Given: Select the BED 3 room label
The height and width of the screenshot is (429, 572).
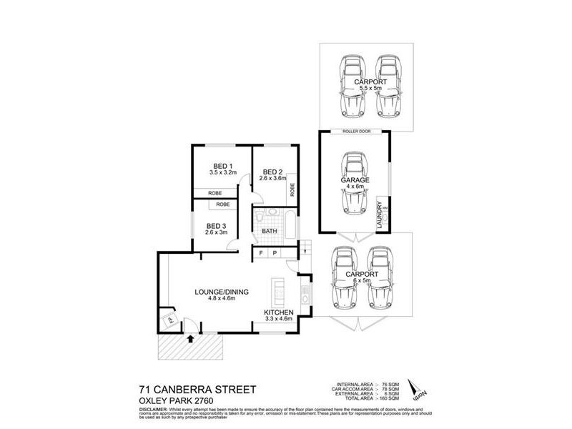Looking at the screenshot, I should click(214, 226).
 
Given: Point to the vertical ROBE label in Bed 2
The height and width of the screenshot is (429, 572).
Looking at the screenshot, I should click(292, 191).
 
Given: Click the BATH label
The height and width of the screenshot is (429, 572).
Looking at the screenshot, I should click(270, 231).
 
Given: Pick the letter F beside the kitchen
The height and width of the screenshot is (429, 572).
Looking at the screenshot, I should click(261, 253).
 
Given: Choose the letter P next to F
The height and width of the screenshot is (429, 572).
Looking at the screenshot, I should click(276, 253).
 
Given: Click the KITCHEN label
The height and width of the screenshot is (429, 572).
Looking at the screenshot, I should click(280, 313).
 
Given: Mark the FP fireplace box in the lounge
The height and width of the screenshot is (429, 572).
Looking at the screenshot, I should click(170, 320).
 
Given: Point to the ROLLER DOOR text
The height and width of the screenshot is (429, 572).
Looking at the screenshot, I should click(355, 131).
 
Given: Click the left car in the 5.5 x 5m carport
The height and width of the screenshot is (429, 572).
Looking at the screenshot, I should click(354, 87).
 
